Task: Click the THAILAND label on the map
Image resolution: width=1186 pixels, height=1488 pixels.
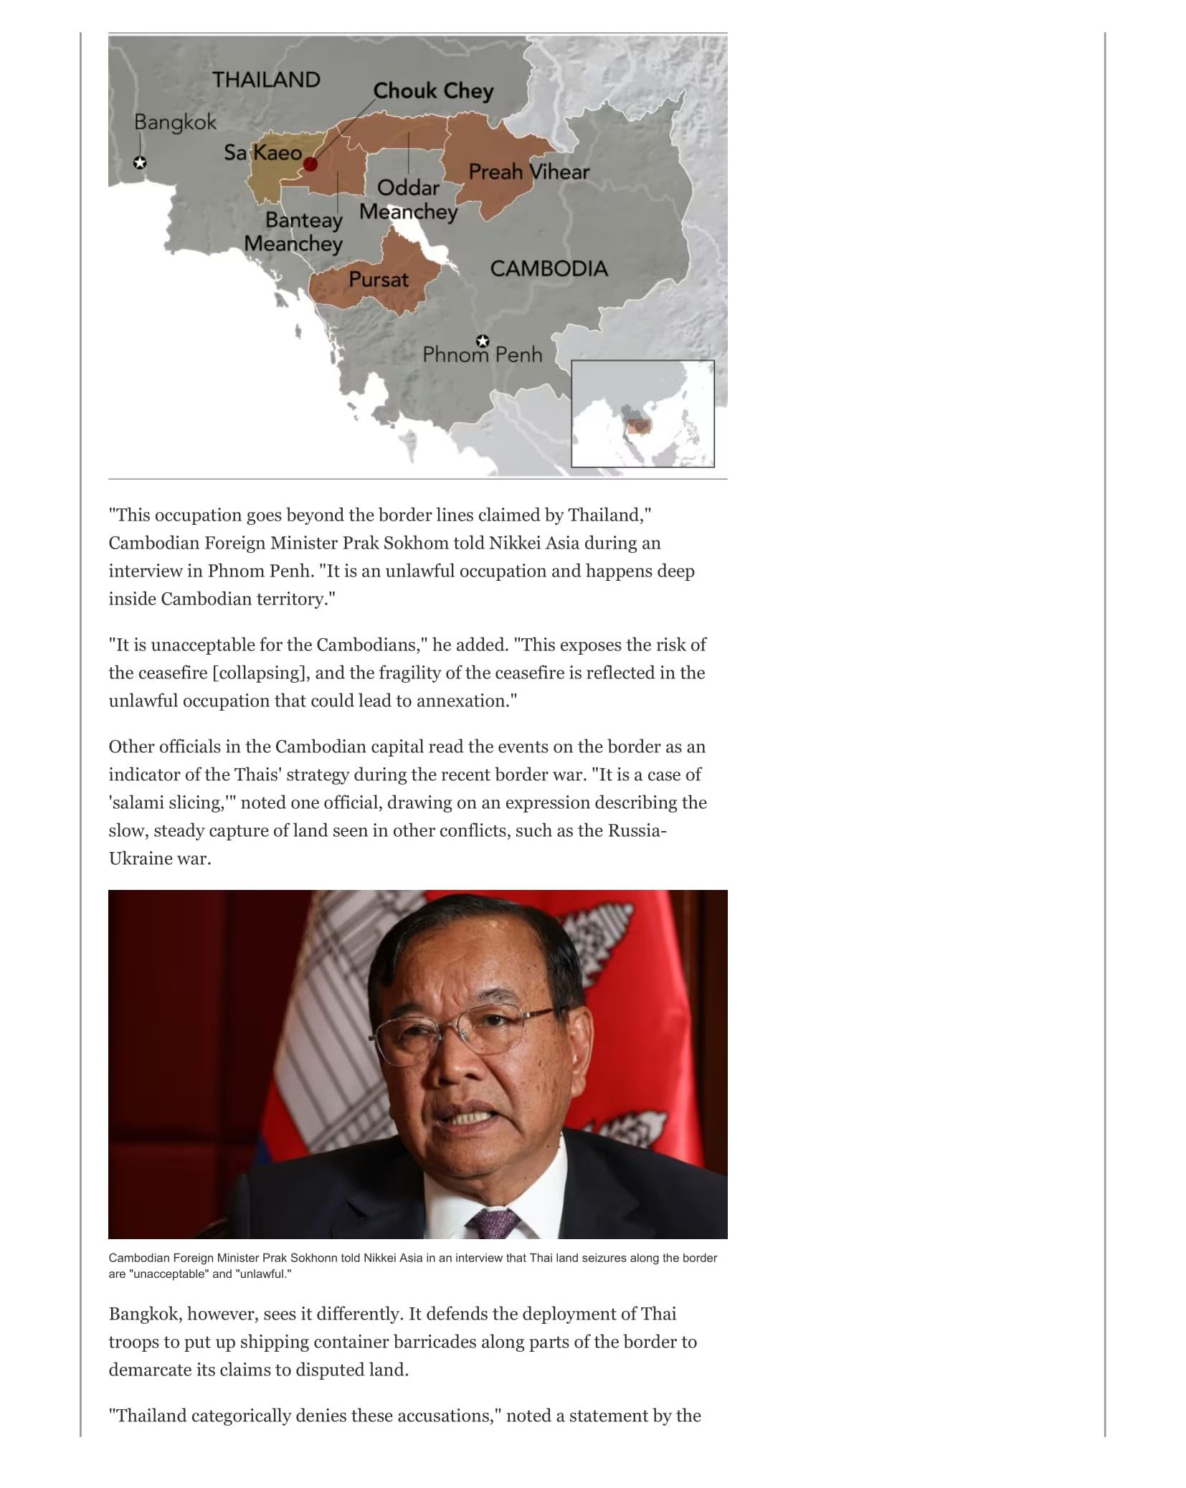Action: click(265, 80)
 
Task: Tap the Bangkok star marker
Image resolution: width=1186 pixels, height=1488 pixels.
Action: click(140, 163)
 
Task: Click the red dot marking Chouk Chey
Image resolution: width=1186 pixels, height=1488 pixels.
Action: click(310, 164)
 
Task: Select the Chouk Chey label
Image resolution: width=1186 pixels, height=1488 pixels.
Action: click(433, 91)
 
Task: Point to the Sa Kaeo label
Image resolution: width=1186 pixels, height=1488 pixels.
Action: click(262, 153)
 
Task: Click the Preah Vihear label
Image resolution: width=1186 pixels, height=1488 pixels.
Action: click(528, 172)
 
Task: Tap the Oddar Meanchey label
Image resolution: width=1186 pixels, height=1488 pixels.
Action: click(408, 200)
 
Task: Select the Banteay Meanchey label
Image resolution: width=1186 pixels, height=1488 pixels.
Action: click(294, 232)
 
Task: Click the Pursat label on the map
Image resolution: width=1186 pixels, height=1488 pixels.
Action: click(378, 280)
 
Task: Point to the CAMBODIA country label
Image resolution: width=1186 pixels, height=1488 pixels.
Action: click(549, 269)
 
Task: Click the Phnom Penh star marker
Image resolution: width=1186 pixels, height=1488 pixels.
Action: click(483, 341)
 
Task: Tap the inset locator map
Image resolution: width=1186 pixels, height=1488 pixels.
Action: click(642, 414)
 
